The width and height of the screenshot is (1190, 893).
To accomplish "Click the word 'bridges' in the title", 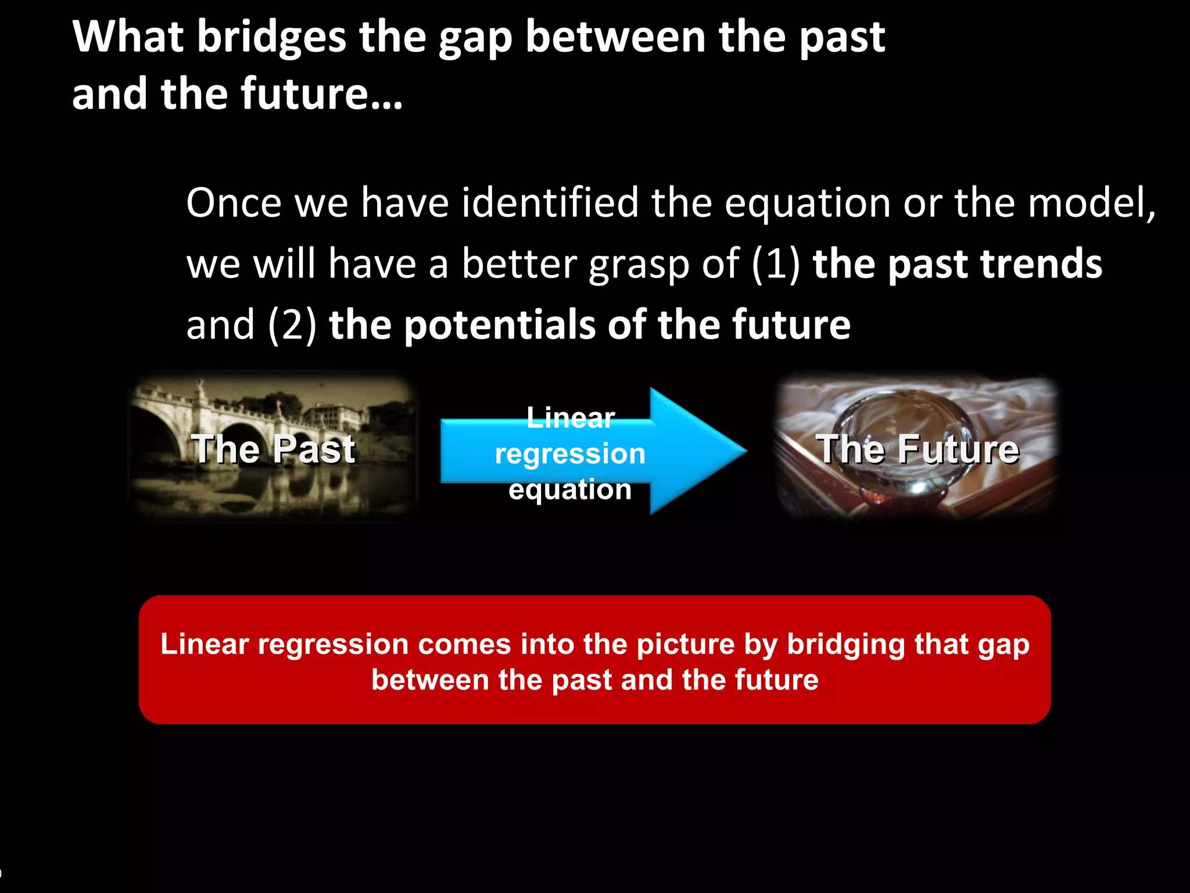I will [271, 37].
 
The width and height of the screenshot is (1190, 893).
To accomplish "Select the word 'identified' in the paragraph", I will [550, 203].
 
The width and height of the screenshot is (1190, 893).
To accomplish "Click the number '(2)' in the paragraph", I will [292, 325].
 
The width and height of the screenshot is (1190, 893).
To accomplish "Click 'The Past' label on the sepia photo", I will [273, 449].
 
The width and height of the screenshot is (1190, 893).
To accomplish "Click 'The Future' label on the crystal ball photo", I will [917, 449].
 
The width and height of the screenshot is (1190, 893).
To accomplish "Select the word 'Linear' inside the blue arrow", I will [570, 418].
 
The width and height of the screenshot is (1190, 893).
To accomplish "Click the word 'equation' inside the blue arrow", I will [570, 490].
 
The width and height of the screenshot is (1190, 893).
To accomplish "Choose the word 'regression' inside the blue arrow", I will [570, 454].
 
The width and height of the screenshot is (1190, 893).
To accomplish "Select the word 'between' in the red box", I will [430, 680].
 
